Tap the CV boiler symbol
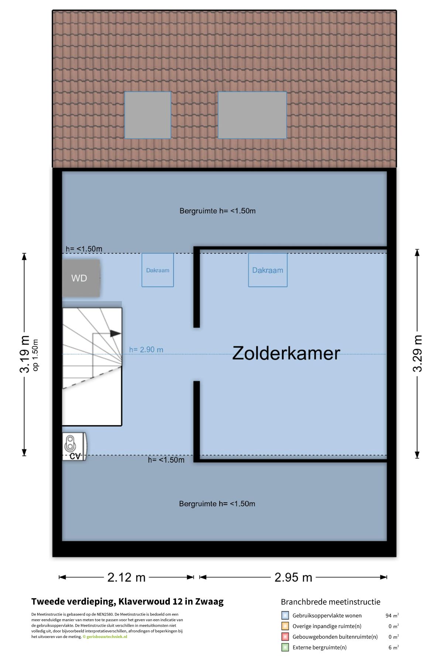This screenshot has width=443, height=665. coord(74,446)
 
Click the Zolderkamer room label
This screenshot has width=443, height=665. coord(286,353)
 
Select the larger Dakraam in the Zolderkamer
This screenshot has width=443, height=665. coord(268,270)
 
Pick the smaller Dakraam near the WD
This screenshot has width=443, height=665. coord(158,270)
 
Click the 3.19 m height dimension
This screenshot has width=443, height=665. coord(25,354)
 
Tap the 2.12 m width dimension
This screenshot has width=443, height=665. coord(126,577)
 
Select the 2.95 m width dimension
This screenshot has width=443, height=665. coord(293,577)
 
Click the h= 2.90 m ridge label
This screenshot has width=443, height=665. coord(146,349)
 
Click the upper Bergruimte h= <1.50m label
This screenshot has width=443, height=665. coord(217,211)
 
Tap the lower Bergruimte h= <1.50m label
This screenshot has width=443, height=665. coord(217,504)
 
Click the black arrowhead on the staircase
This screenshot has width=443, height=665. coord(116,334)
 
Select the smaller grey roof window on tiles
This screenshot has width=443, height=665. coord(148,115)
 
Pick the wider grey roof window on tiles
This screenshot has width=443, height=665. coord(252,115)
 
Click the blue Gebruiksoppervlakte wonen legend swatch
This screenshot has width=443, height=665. coord(285,615)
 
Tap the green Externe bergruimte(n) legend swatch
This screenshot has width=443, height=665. coord(285,647)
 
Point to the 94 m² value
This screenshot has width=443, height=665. coord(392,615)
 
